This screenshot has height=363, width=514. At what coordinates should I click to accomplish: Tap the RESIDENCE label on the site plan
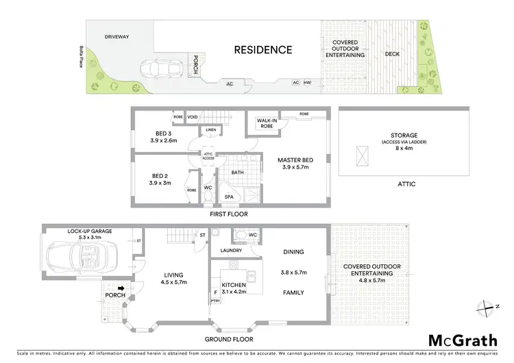pos(263,49)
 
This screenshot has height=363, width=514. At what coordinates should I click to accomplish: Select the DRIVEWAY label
pos(117,36)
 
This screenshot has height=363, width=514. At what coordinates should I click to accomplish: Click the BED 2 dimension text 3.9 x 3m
pos(159,183)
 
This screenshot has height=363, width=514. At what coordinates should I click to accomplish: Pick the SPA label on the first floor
pos(228,197)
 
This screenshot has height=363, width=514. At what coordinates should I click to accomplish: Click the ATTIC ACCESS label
pos(208,157)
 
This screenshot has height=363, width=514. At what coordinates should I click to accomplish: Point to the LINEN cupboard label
pos(210,130)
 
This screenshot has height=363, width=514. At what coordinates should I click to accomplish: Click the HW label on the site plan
pos(307,82)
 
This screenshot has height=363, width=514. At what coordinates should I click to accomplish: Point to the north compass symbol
pos(487,306)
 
